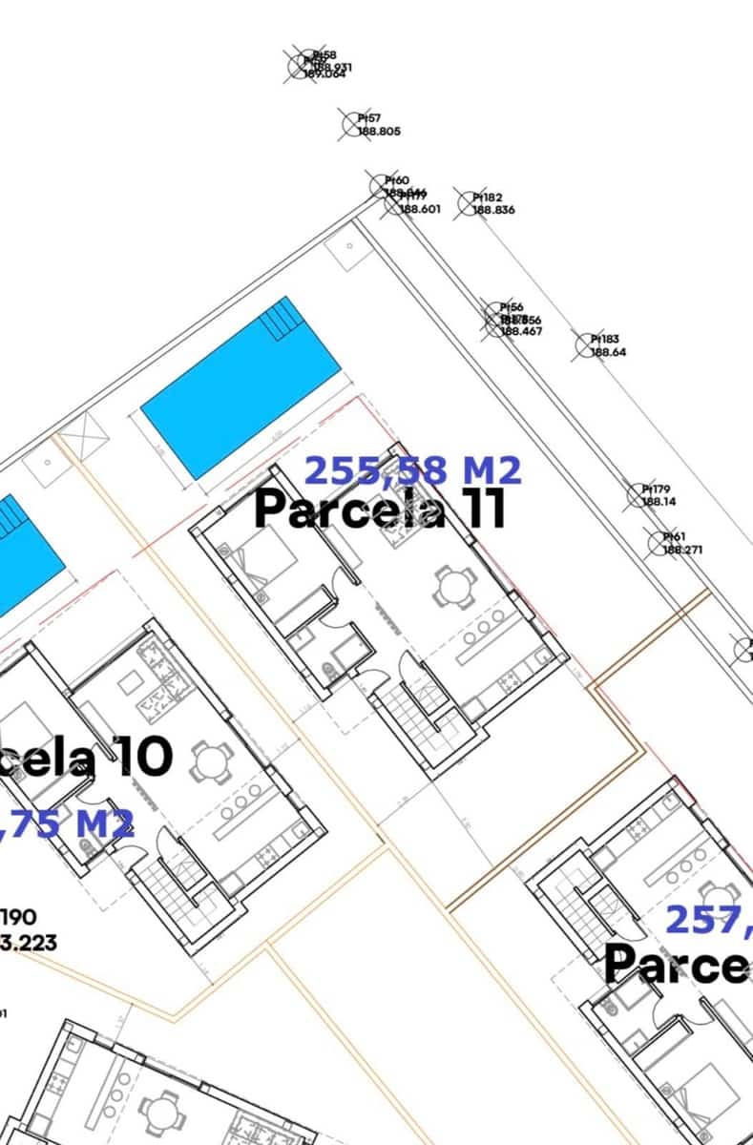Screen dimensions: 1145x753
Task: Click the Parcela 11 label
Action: [x=379, y=509]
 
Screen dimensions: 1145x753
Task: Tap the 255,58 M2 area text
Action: [x=412, y=470]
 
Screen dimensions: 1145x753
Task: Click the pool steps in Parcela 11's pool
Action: [x=281, y=319]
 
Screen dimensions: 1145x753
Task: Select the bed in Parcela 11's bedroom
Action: [x=258, y=563]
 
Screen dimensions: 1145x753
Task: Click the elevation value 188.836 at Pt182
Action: [x=493, y=210]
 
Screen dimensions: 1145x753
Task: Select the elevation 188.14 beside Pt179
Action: [x=659, y=501]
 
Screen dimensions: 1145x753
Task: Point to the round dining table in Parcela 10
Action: [x=211, y=762]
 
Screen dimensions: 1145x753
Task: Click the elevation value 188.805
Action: [x=379, y=132]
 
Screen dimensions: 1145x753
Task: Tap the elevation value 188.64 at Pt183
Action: [x=608, y=352]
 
